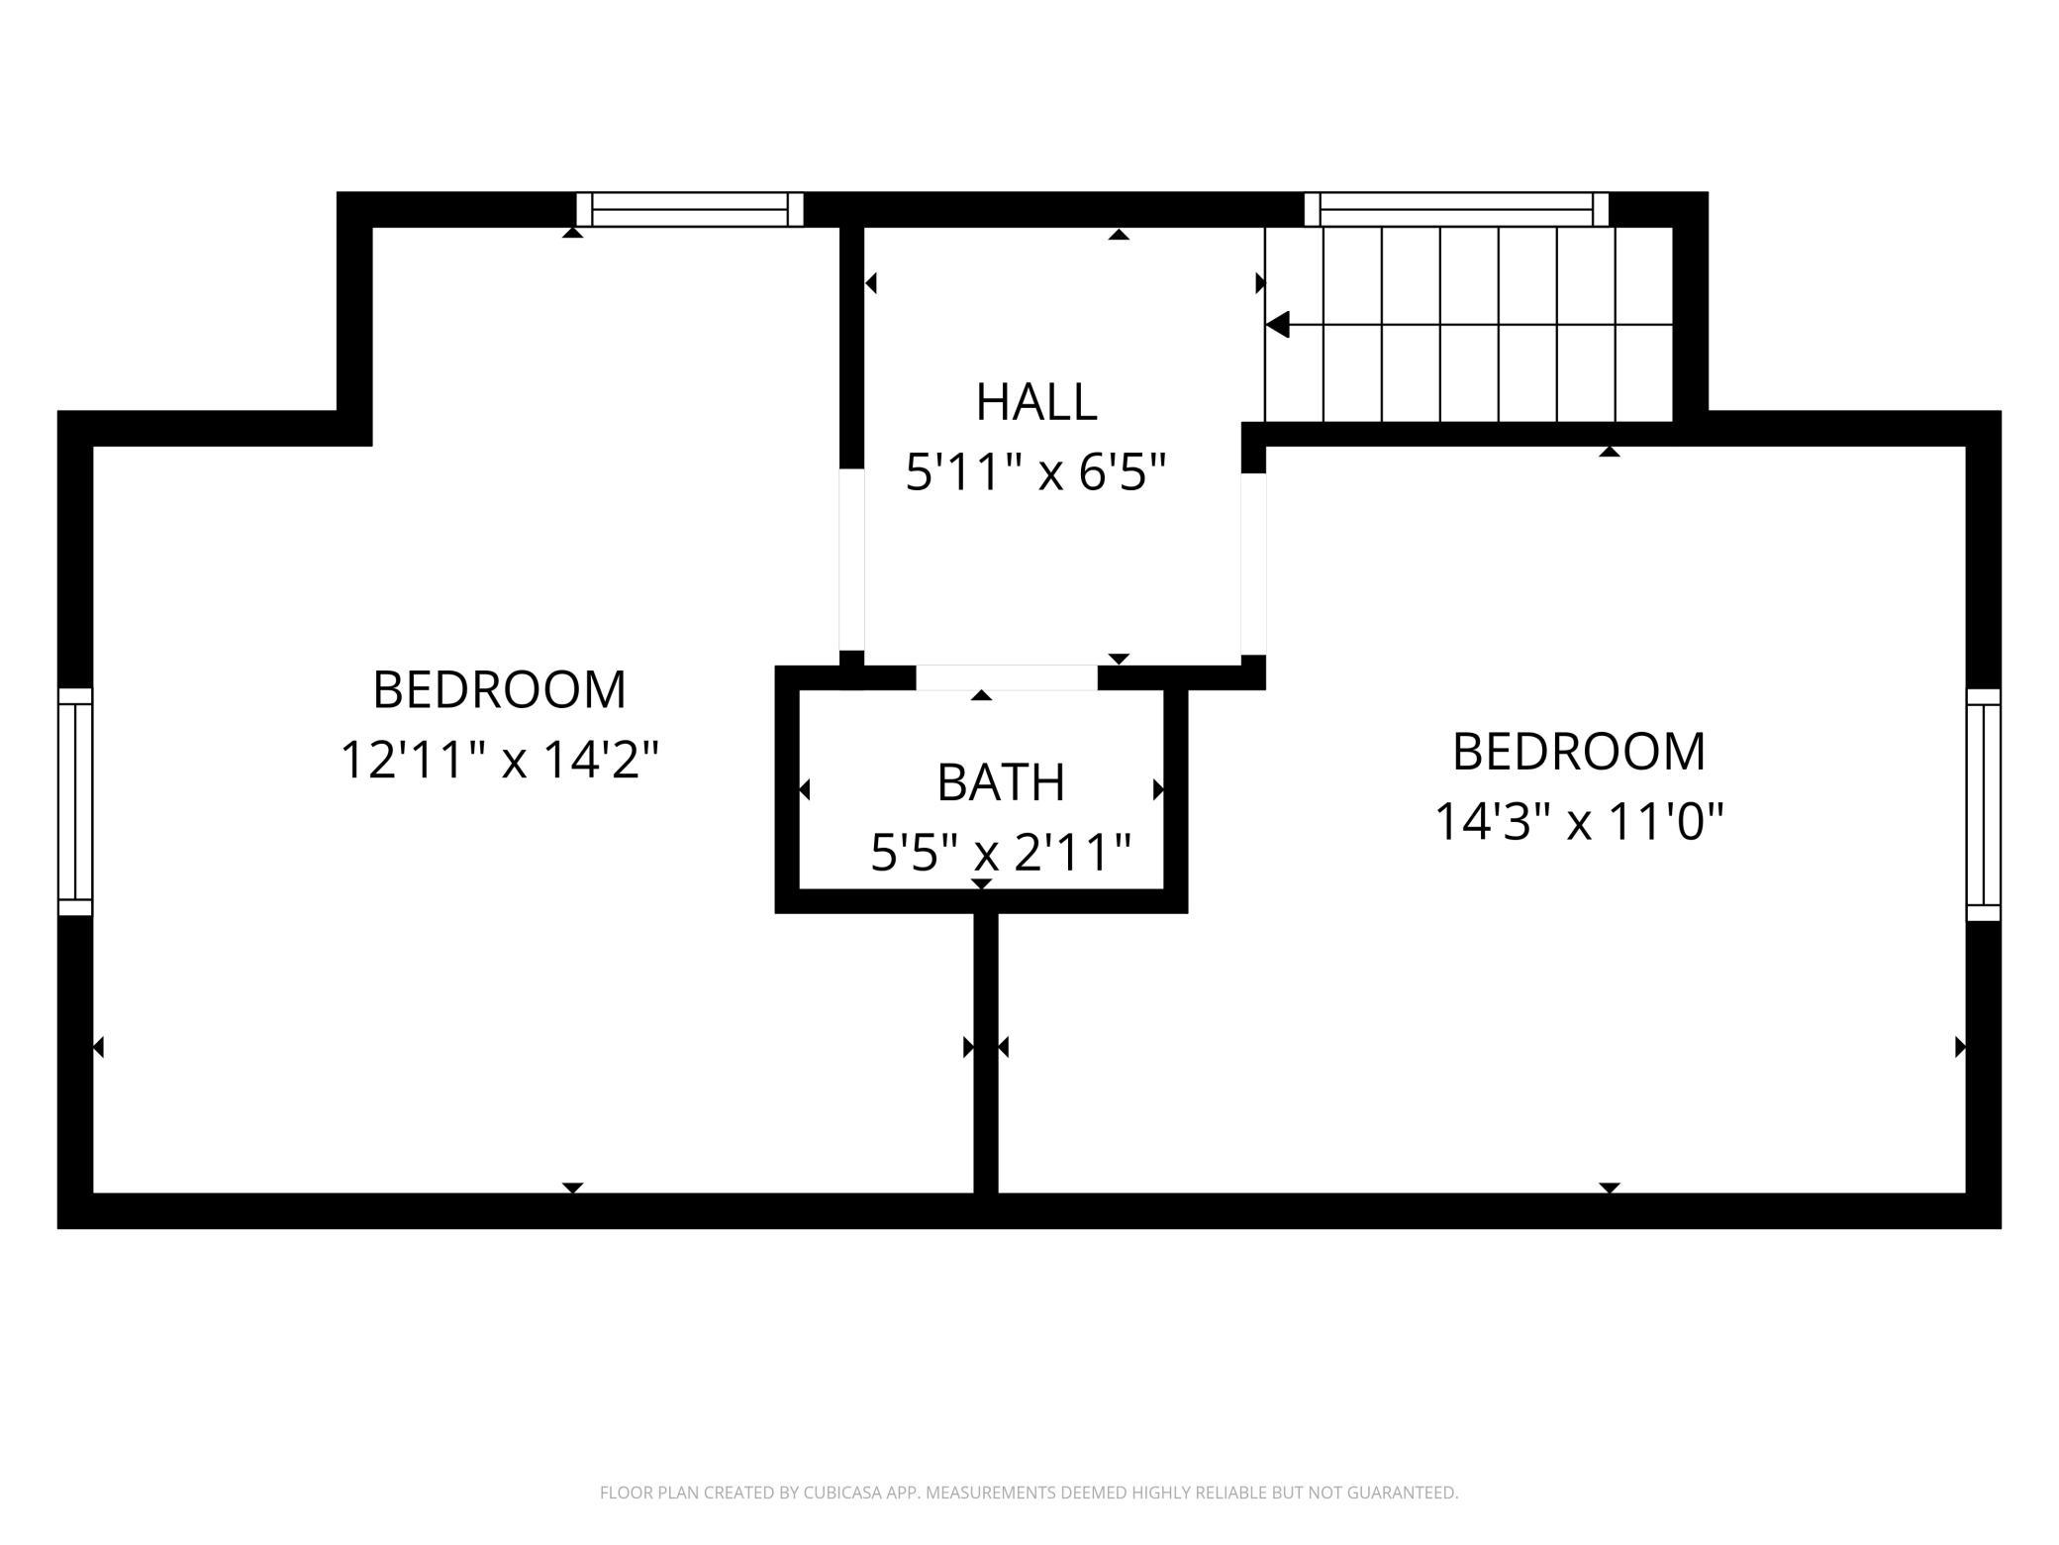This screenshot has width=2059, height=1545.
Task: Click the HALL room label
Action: coord(1036,402)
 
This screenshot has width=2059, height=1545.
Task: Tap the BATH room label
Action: coord(1001,782)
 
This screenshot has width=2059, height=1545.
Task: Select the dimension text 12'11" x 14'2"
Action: coord(500,761)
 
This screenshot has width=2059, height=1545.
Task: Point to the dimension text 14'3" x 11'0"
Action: coord(1579,821)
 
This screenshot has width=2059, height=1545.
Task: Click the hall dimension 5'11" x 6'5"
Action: coord(1036,472)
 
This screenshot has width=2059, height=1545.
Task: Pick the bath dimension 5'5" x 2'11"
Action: coord(1001,852)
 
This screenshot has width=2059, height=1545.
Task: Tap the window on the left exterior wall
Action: coord(75,802)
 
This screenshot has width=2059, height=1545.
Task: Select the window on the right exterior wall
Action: coord(1983,805)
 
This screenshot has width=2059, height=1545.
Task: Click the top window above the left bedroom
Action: coord(690,210)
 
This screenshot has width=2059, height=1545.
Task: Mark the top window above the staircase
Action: coord(1456,210)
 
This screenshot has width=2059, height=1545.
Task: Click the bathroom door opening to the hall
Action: coord(1007,677)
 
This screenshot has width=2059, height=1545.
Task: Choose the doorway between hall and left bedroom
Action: coord(852,560)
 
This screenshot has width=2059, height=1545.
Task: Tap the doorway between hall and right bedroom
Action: coord(1253,564)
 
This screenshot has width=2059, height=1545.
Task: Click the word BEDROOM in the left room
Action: coord(500,690)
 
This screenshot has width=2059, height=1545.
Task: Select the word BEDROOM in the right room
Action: coord(1579,752)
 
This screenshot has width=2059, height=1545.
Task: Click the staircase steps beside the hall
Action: coord(1469,325)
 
